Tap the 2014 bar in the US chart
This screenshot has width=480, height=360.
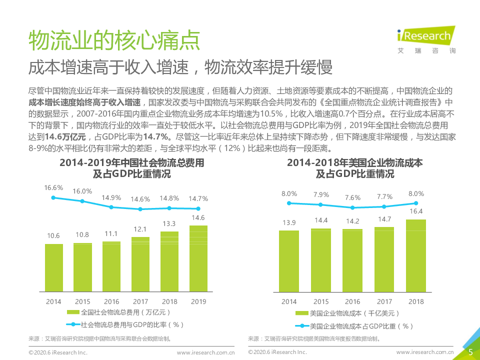point(289,260)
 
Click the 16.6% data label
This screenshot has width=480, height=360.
point(53,188)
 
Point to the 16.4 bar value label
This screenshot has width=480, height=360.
point(416,211)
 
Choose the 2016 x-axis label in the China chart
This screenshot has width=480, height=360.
point(111,301)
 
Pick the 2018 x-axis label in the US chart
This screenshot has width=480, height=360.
point(416,301)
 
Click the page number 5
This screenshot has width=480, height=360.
point(470,352)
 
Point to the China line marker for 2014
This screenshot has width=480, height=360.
point(53,198)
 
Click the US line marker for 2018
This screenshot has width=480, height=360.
point(416,203)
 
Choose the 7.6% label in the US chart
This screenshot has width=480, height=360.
point(352,197)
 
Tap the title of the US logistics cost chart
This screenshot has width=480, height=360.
point(354,168)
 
